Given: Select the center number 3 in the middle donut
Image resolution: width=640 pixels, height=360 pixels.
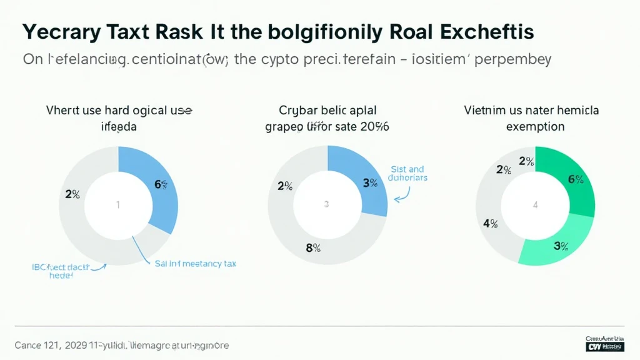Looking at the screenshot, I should click(x=326, y=204).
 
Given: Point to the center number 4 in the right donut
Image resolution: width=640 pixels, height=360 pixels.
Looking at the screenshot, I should click(x=534, y=204).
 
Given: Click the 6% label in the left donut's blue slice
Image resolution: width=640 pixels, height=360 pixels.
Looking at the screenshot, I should click(x=161, y=184).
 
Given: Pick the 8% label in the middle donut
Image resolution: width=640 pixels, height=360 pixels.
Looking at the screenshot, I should click(x=312, y=247).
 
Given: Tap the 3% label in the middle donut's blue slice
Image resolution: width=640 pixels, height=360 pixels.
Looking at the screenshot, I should click(x=370, y=183).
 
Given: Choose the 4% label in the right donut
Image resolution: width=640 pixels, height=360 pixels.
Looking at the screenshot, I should click(x=490, y=224).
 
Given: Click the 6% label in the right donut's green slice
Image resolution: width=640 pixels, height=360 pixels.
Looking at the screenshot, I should click(x=576, y=180).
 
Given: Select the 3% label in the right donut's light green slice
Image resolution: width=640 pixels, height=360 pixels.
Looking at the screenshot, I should click(x=561, y=246).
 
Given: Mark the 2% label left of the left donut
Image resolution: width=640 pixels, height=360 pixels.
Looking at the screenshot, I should click(x=72, y=194).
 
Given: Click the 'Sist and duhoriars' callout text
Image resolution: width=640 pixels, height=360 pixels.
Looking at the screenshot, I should click(x=407, y=173).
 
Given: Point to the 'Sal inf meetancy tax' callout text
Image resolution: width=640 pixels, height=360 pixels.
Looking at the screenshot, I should click(x=195, y=264).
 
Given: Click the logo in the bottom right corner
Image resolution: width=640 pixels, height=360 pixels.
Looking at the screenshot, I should click(x=605, y=344).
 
